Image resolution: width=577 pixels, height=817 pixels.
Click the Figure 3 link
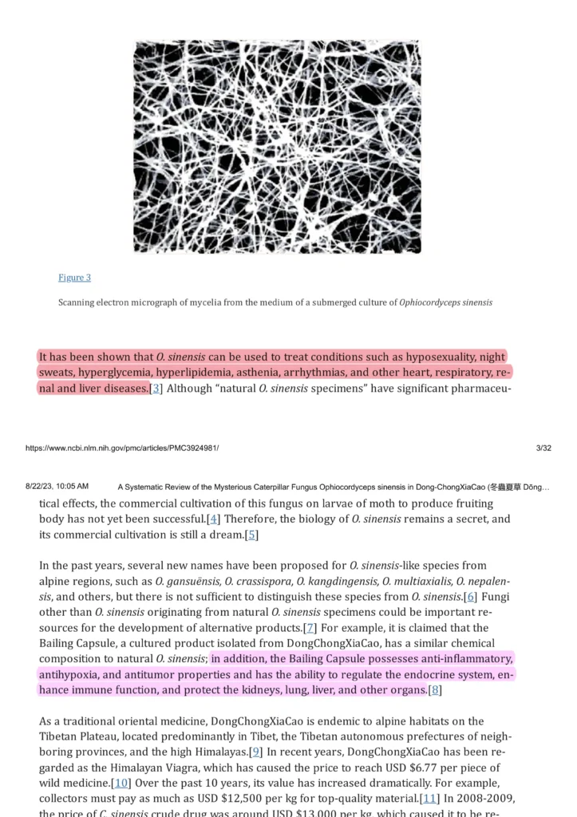(74, 277)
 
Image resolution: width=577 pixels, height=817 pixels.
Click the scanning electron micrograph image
(277, 147)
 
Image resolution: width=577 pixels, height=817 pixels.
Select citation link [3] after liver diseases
(156, 389)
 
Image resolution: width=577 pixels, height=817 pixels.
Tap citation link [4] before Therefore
(213, 519)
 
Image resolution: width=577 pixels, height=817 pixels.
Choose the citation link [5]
(252, 535)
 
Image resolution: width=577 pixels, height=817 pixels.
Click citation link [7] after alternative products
(310, 628)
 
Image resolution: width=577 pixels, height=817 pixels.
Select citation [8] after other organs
(435, 690)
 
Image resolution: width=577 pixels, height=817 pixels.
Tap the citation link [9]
(256, 752)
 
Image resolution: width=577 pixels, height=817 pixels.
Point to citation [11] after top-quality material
(429, 799)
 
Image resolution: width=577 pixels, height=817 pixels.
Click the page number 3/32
(543, 448)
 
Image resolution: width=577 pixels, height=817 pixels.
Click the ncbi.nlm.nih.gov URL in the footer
(122, 448)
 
